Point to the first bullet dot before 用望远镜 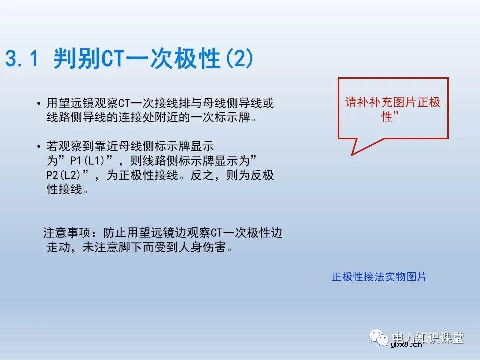pyautogui.click(x=39, y=104)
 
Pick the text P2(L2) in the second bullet pyautogui.click(x=63, y=176)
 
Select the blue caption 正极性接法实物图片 pyautogui.click(x=379, y=277)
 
